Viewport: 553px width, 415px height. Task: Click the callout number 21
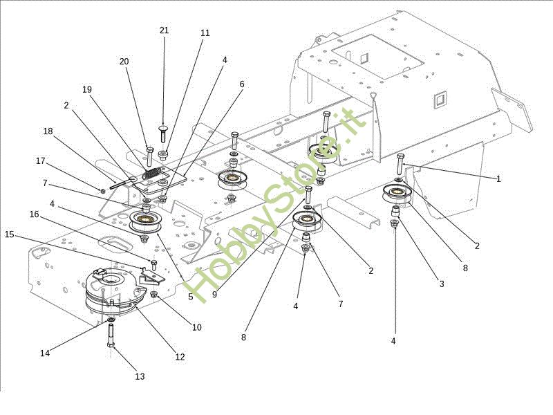click(x=164, y=30)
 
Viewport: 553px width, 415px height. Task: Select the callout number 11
click(x=205, y=33)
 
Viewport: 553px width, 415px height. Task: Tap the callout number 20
click(x=124, y=62)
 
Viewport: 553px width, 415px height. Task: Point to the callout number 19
click(x=87, y=90)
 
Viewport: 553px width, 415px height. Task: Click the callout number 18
click(x=48, y=131)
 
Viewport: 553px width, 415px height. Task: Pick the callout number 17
click(x=41, y=161)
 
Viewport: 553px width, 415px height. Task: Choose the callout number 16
click(x=34, y=214)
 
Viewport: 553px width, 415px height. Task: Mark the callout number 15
click(x=10, y=234)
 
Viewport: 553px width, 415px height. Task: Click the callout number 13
click(x=140, y=376)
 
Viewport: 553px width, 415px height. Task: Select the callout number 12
click(x=180, y=357)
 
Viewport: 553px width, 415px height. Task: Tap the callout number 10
click(x=197, y=327)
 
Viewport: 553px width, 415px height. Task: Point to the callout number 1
click(x=498, y=179)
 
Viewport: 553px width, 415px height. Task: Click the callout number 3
click(x=442, y=284)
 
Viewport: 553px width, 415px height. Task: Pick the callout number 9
click(x=215, y=295)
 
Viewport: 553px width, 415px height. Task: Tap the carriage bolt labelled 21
click(x=163, y=133)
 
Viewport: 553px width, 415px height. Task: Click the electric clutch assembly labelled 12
click(x=115, y=291)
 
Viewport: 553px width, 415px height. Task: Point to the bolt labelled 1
click(x=400, y=163)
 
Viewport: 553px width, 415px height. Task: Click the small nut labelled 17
click(x=102, y=191)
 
